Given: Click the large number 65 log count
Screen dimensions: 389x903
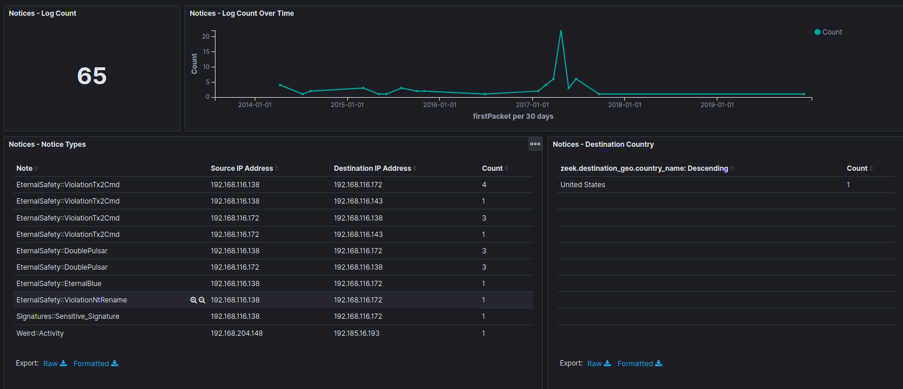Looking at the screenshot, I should click(92, 76).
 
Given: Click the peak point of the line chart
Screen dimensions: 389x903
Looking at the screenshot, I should click(560, 31).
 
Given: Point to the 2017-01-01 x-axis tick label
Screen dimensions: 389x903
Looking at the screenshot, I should click(532, 105).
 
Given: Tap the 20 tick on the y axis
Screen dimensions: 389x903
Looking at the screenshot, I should click(206, 36).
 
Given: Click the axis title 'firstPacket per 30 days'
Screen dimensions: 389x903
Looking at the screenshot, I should click(513, 116).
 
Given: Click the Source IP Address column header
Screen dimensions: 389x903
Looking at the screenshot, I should click(242, 168).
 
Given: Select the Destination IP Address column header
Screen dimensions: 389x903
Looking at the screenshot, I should click(372, 168).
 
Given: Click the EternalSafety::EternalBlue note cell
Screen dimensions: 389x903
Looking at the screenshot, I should click(59, 284).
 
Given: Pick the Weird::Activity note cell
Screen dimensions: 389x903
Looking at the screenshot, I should click(40, 333).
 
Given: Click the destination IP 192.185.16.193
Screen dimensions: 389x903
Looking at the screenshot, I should click(357, 333).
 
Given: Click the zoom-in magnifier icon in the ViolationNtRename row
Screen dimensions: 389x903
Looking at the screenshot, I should click(193, 300).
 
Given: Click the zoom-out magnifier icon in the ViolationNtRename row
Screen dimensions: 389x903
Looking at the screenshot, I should click(202, 300).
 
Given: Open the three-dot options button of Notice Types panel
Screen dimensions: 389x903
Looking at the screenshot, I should click(535, 144).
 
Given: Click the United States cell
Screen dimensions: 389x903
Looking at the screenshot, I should click(583, 185).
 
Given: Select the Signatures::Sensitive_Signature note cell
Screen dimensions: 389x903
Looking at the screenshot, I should click(67, 316).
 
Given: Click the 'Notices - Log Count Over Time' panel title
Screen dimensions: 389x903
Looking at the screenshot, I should click(242, 13).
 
